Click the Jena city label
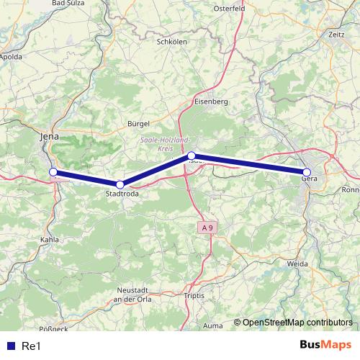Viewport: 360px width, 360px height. (x=49, y=135)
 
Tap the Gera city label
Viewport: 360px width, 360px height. (x=310, y=181)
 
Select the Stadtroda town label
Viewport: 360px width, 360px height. (x=122, y=194)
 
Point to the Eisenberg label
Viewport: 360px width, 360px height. (x=211, y=102)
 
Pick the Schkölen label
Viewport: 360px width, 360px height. (x=172, y=42)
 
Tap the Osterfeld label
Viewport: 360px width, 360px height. (x=230, y=9)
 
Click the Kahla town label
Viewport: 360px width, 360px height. (x=50, y=240)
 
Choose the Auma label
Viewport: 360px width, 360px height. (x=212, y=326)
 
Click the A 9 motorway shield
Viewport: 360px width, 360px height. (x=207, y=228)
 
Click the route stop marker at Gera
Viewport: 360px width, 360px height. (x=307, y=171)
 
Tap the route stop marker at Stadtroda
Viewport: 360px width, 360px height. (x=120, y=185)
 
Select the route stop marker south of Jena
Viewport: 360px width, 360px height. (x=53, y=171)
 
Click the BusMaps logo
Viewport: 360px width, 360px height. (x=326, y=345)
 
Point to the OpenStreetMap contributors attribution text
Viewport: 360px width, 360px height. (x=297, y=323)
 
